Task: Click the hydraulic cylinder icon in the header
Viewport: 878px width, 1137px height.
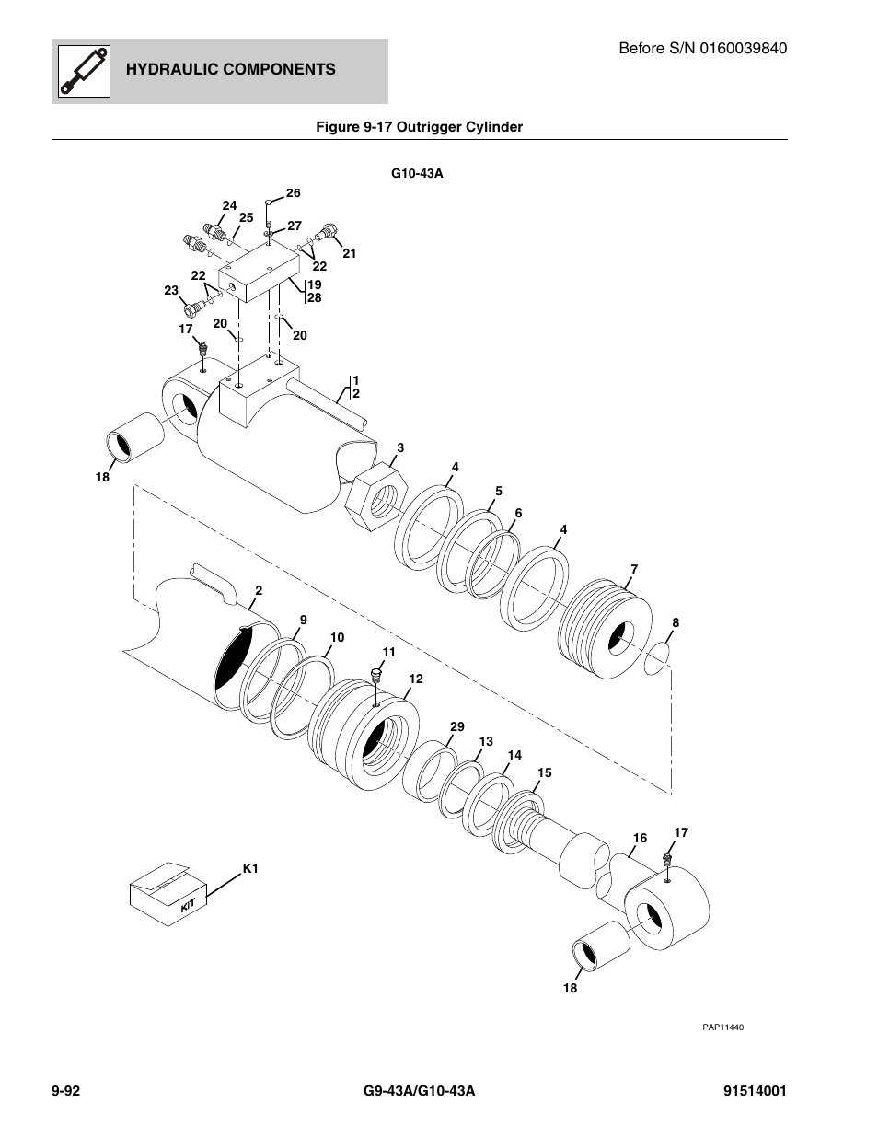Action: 84,71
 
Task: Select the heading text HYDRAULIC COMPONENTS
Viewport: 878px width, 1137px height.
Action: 231,69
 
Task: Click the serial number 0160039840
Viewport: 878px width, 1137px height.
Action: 743,48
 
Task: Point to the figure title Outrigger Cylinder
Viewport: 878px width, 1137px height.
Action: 459,127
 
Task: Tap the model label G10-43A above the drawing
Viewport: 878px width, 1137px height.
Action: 417,173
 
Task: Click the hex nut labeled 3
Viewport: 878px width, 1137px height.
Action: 376,496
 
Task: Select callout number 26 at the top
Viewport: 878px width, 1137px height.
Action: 294,192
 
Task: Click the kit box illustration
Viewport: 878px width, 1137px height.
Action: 168,894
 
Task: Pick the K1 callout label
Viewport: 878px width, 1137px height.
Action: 250,868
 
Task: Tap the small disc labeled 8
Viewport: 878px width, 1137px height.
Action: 657,658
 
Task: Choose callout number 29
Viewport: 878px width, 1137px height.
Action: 457,726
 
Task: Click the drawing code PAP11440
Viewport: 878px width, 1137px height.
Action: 722,1027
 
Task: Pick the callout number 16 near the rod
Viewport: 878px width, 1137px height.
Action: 640,838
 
